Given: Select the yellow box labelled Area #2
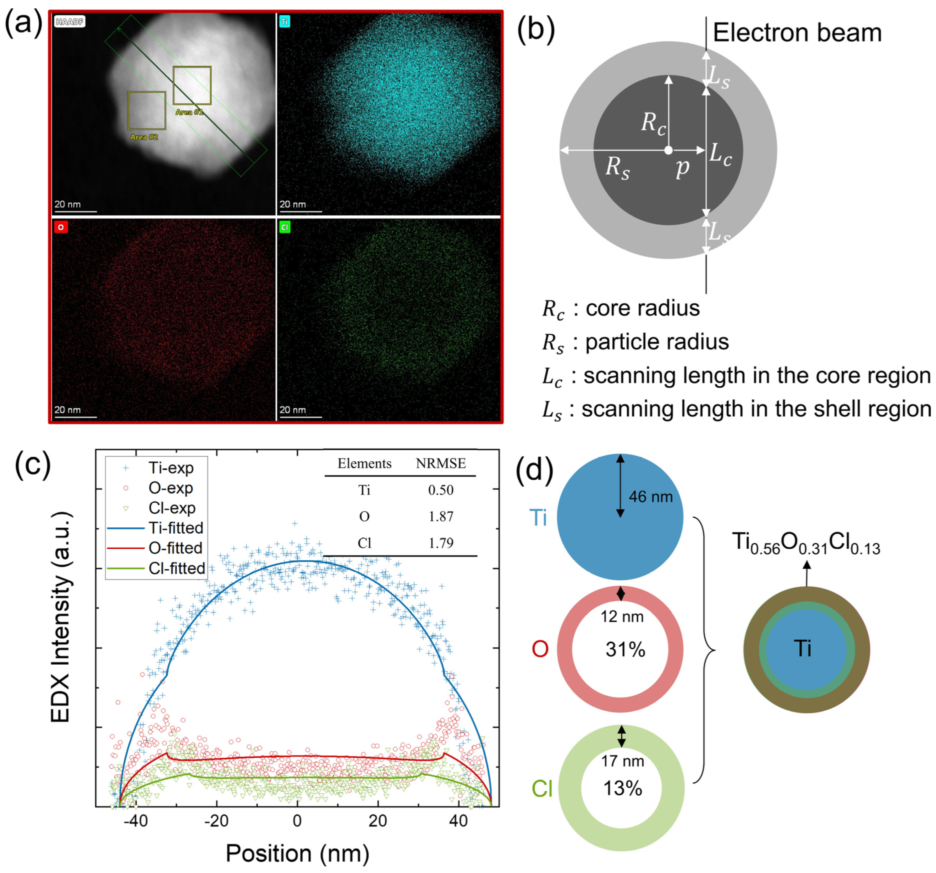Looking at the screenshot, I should pyautogui.click(x=146, y=110).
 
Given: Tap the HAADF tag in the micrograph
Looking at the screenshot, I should pyautogui.click(x=70, y=22).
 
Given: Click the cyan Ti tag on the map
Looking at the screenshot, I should pyautogui.click(x=284, y=22).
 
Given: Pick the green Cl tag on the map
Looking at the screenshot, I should pyautogui.click(x=284, y=227).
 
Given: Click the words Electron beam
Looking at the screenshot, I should pyautogui.click(x=797, y=33).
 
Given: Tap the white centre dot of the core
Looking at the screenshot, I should pyautogui.click(x=668, y=150).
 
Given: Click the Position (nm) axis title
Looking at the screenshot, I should pyautogui.click(x=297, y=853).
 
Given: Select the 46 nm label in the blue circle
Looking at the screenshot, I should pyautogui.click(x=651, y=497).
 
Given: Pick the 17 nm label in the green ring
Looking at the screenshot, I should pyautogui.click(x=622, y=761).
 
